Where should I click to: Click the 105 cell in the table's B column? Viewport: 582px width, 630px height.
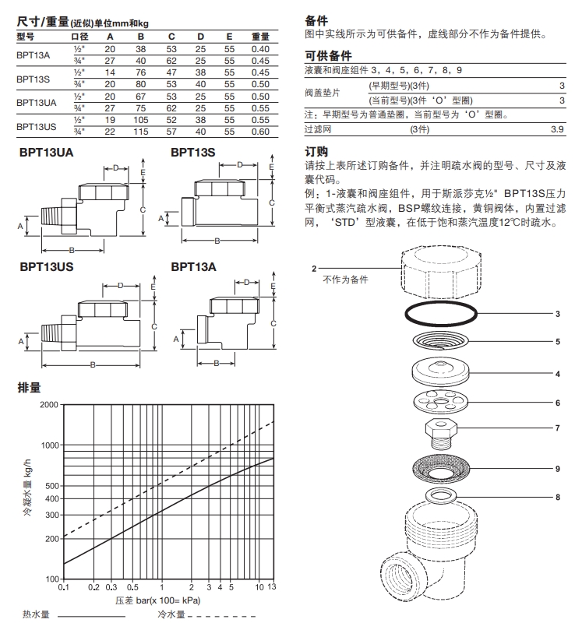[141, 121]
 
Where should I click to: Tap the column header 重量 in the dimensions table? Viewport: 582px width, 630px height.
[260, 37]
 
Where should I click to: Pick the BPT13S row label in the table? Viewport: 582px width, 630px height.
[33, 79]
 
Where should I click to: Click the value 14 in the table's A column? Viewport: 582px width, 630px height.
[109, 72]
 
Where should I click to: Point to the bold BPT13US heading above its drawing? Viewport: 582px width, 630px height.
[45, 266]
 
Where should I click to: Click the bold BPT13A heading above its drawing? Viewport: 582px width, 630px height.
[193, 266]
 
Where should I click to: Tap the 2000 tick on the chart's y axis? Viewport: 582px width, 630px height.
[48, 405]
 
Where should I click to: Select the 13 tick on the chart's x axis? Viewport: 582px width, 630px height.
[272, 586]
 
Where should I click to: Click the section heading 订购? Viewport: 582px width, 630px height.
[317, 151]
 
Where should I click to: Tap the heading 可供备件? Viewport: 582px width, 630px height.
[327, 56]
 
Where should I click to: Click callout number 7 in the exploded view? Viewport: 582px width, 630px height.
[557, 428]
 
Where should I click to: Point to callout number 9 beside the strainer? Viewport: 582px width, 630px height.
[557, 468]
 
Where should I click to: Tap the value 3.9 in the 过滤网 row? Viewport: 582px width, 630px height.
[557, 128]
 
